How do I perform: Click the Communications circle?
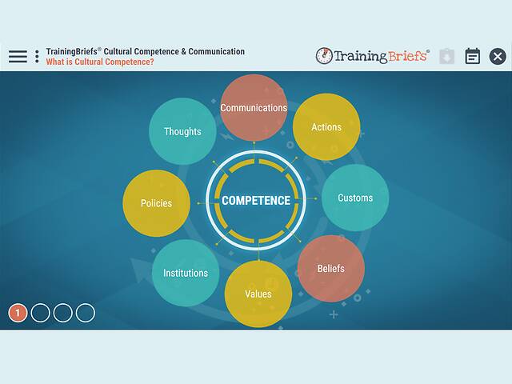click(254, 107)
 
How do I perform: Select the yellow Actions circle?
click(326, 127)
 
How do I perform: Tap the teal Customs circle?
click(354, 198)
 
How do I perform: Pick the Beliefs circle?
click(330, 268)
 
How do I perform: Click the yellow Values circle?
click(258, 294)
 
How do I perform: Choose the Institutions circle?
click(186, 273)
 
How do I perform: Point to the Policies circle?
click(156, 203)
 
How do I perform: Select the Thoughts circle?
click(182, 131)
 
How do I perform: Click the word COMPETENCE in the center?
click(255, 200)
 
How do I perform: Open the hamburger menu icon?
click(18, 56)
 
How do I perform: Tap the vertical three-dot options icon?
click(37, 56)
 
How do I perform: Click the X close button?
click(498, 56)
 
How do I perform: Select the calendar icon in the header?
click(473, 56)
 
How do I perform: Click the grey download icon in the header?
click(447, 56)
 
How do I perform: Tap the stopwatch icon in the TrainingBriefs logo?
click(325, 56)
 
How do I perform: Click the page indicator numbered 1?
click(18, 313)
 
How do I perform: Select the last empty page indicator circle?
click(85, 313)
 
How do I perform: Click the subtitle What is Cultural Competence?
click(100, 62)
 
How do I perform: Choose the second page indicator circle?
click(40, 313)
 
